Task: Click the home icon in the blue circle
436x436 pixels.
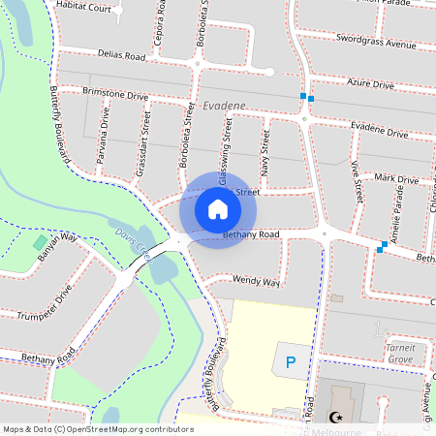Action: coord(218,209)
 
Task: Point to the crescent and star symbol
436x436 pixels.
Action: coord(337,418)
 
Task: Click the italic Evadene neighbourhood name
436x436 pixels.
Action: coord(225,106)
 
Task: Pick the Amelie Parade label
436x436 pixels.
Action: coord(396,212)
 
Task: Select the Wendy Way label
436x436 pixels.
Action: coord(256,282)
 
